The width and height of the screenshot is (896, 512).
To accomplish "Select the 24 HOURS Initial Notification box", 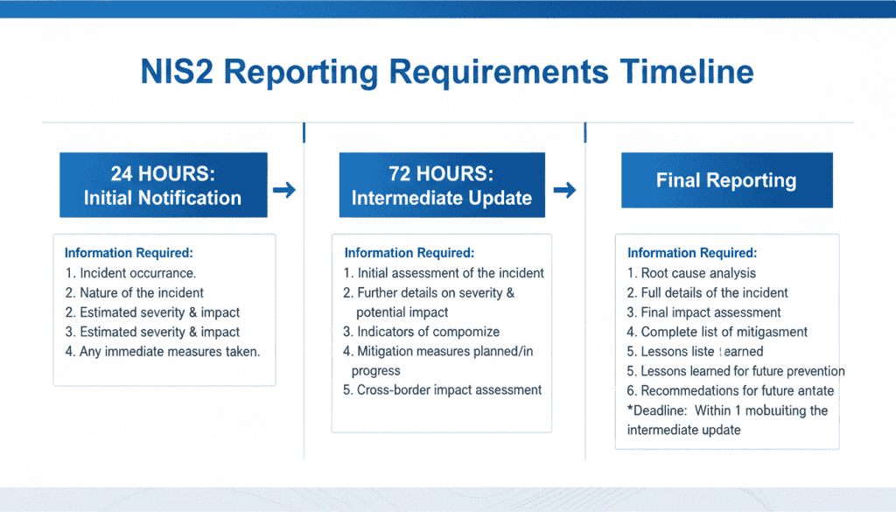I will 163,186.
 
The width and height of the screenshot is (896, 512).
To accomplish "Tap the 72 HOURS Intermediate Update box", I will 442,186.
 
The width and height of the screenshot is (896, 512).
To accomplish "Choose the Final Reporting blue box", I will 726,181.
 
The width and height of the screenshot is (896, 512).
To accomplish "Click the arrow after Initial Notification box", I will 284,189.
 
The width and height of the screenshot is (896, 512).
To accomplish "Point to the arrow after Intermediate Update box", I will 565,189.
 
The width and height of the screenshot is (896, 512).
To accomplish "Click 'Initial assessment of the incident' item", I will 444,273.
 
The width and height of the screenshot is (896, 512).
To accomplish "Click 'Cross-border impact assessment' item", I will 443,389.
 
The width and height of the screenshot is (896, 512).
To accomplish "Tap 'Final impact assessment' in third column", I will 704,312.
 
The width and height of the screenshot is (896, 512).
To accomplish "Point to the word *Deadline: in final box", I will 657,410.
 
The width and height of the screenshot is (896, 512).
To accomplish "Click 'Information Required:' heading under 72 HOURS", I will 409,253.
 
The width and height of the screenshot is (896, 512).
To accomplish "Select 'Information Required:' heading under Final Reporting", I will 692,253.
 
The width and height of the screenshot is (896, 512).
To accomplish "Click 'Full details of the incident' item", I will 708,292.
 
